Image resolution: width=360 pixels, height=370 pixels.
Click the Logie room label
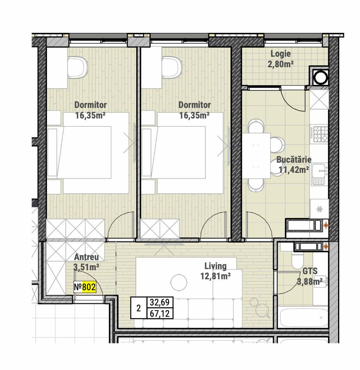pos(281,54)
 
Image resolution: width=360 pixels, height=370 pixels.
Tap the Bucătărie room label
pos(294,160)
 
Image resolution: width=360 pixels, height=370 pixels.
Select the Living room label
pos(215,266)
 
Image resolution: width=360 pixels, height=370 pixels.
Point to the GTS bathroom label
pos(310,271)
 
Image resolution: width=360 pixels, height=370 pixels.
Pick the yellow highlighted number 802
pos(89,287)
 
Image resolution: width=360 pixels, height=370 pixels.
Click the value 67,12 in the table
pos(160,314)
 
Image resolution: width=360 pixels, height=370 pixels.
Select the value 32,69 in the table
pos(160,302)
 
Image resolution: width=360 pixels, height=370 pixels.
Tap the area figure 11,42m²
pos(294,170)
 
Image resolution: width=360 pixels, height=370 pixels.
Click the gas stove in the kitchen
pos(319,134)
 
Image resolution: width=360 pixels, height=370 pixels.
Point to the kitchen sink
pos(319,174)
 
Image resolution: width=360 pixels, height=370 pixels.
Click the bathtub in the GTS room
pos(303,317)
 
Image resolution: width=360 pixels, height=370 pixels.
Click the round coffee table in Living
pos(179,282)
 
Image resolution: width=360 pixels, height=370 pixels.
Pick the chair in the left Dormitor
pos(78,67)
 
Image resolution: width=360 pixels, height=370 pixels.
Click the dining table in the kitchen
pos(256,156)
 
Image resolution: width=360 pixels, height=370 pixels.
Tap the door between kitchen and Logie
pos(293,99)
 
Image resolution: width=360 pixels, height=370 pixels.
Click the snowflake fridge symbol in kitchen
pos(319,209)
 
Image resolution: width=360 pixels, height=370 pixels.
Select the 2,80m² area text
pos(281,64)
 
